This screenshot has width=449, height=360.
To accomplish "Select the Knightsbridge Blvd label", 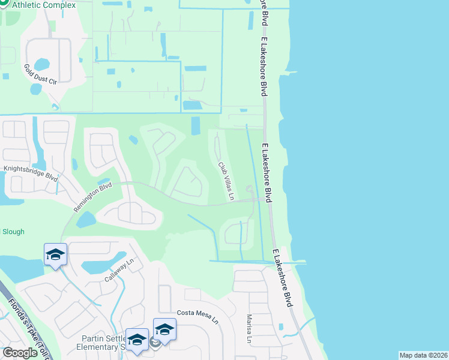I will coord(31,173).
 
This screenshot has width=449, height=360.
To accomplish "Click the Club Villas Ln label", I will coord(226,181).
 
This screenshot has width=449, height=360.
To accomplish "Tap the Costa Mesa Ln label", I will coord(197,316).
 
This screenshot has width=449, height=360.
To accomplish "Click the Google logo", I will coord(20,353).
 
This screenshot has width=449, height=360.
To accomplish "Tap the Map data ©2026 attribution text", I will coord(423,355).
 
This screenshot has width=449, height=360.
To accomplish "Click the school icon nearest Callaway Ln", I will coord(56,254).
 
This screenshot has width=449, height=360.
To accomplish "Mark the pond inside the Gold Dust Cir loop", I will coord(42,64).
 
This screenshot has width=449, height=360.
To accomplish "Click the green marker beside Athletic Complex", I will coord(3,5).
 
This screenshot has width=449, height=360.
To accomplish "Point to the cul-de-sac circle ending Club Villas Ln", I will coord(249,190).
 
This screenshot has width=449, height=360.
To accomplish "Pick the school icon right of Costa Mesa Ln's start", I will coord(164,329).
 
